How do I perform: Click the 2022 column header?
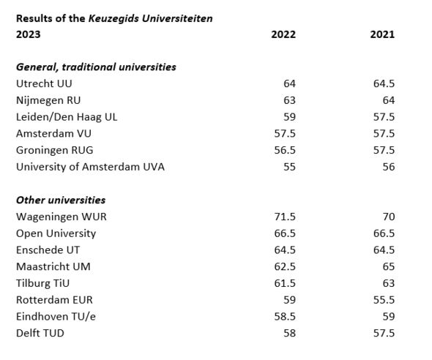coord(283,34)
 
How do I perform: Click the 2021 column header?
coord(382,34)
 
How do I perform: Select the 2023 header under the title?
coord(28,34)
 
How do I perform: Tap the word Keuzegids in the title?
coord(113,18)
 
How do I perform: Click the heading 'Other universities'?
coord(61,200)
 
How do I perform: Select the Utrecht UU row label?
coord(44,83)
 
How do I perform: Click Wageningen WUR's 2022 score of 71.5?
coord(285,217)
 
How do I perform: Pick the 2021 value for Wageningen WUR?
coord(389,217)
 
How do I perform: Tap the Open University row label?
coord(56,233)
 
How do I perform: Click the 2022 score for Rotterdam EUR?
coord(289,300)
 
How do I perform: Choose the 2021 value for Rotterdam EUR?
coord(384,300)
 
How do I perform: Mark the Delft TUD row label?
coord(40,334)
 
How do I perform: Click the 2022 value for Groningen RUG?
coord(285,150)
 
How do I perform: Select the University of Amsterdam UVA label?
coord(90,167)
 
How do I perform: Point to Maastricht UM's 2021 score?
coord(389,266)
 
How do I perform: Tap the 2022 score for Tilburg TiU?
coord(285,283)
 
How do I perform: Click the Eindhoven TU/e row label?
coord(56,317)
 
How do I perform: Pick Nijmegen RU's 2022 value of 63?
coord(289,100)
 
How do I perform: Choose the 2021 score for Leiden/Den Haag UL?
coord(384,117)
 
